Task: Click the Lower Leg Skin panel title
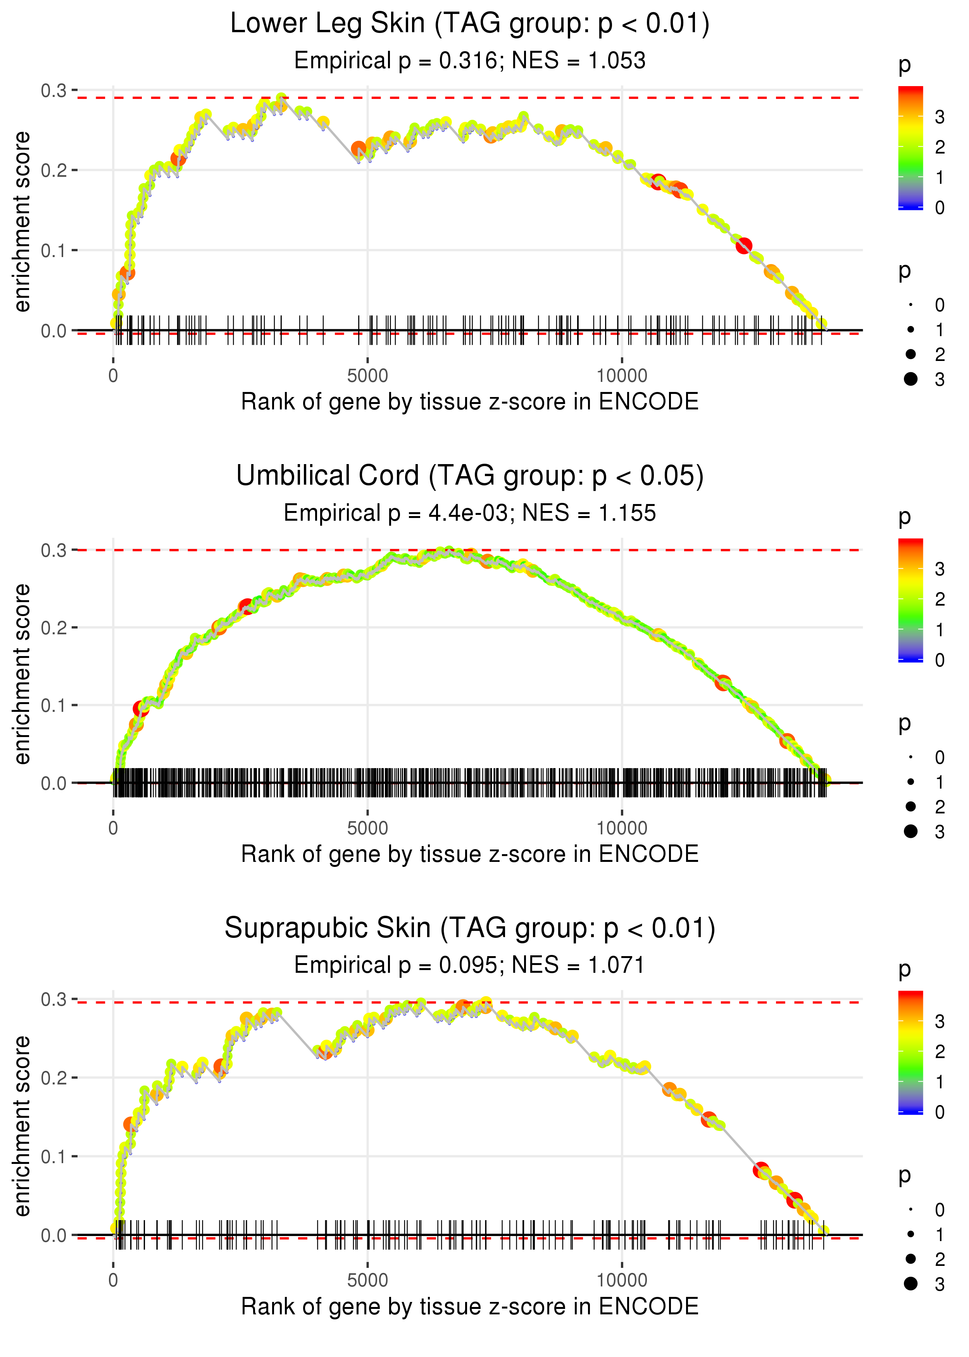470,24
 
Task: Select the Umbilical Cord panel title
470,476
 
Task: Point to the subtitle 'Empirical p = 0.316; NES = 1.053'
470,61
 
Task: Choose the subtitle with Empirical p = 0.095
470,965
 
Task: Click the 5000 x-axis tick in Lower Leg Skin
367,376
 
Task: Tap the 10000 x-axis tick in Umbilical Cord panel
622,828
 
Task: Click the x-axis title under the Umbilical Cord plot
470,855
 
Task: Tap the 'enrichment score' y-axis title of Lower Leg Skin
22,222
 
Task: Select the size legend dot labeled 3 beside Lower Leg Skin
910,379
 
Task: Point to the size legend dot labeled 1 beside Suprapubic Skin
910,1234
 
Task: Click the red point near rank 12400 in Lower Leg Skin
743,246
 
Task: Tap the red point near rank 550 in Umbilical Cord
141,709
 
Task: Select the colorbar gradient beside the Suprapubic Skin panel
910,1051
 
